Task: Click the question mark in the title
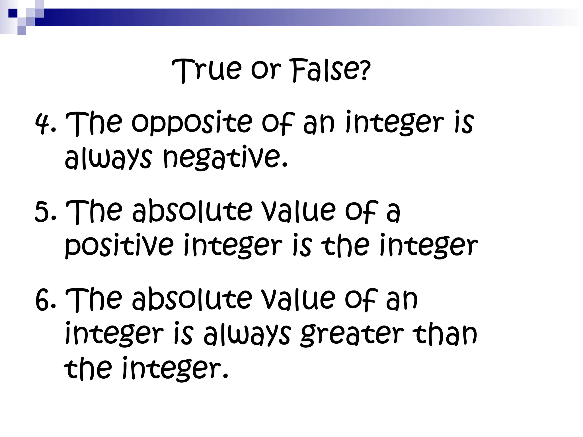tap(365, 72)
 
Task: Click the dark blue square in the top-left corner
tap(13, 13)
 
